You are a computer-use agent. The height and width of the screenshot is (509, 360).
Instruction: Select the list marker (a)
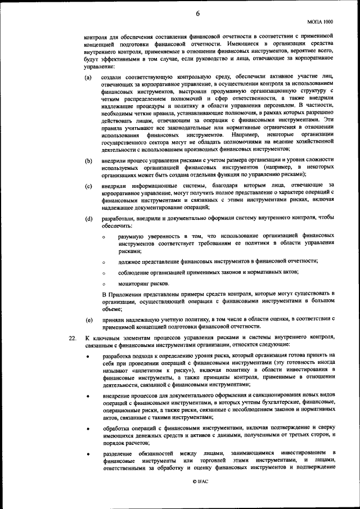[x=89, y=77]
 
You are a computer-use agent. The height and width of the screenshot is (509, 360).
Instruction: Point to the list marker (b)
[x=89, y=161]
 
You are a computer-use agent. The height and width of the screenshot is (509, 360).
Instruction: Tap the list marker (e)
[x=89, y=319]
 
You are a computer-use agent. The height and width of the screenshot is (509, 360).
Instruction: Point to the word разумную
[x=133, y=238]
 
